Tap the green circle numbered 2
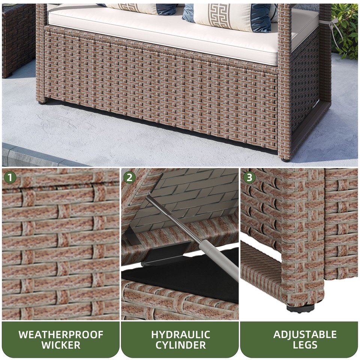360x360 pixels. click(x=129, y=177)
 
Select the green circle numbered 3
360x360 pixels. click(x=249, y=177)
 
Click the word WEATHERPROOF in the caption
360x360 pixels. click(x=60, y=334)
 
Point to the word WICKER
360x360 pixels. click(x=60, y=345)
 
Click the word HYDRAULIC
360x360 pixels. click(x=180, y=334)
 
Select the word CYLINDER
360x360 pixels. click(x=180, y=345)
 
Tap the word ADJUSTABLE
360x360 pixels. click(x=299, y=334)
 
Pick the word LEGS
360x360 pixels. click(x=299, y=345)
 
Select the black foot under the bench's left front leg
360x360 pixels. click(x=41, y=101)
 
